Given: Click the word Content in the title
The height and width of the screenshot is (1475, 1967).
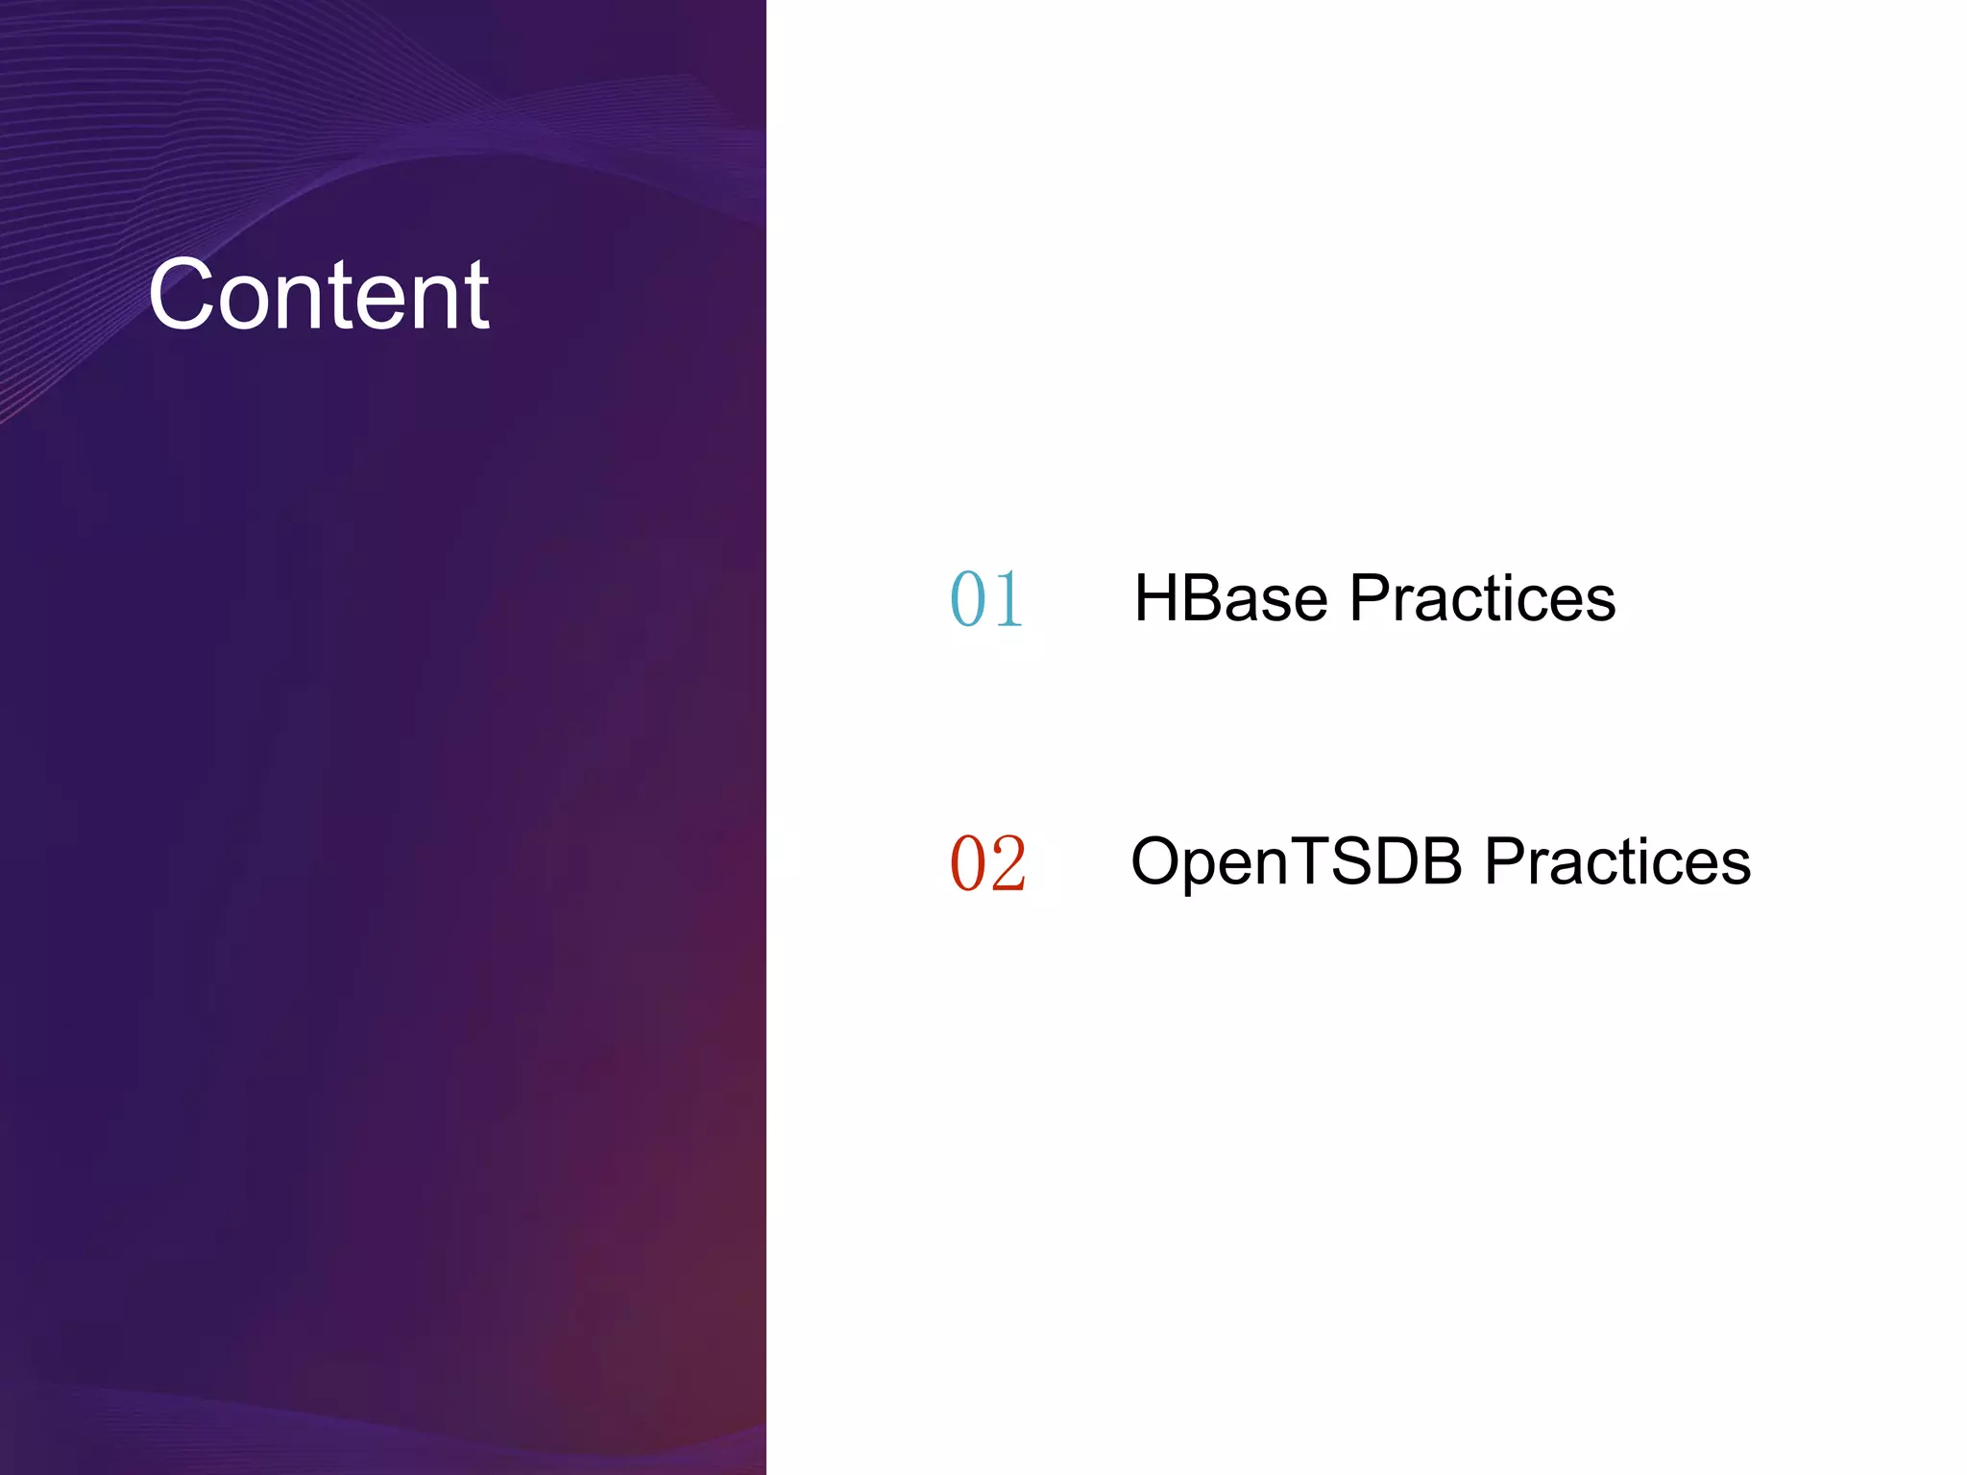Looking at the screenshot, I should click(318, 296).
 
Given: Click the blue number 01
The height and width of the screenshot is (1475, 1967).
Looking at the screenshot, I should click(986, 599).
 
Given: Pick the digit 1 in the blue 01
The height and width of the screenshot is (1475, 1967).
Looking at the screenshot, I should click(1008, 599).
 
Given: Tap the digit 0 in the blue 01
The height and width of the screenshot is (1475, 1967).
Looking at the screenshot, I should click(968, 599).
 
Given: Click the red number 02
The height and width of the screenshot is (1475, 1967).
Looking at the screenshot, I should click(987, 863).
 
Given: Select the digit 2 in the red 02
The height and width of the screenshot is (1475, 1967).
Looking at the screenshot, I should click(1008, 863).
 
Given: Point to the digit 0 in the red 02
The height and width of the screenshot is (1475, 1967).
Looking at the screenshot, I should click(968, 863).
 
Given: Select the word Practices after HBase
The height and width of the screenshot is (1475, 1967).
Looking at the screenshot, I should click(1482, 598).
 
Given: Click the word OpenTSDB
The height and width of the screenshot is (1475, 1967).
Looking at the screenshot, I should click(1297, 861).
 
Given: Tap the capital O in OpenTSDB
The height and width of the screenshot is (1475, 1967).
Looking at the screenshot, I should click(1155, 861).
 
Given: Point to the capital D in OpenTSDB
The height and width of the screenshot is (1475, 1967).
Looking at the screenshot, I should click(1390, 861).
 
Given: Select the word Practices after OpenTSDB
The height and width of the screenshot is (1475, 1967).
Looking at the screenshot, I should click(1617, 861).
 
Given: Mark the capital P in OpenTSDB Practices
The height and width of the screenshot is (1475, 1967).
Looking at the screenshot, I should click(1504, 861).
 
